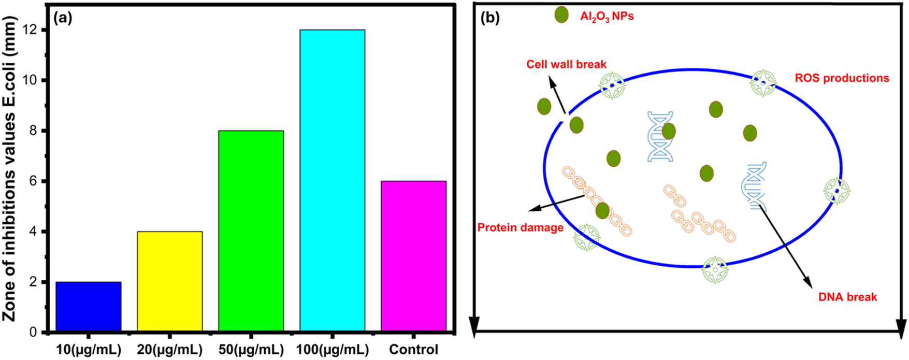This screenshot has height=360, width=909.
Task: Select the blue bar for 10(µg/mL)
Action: tap(89, 307)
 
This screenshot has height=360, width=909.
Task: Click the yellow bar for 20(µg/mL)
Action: tap(169, 281)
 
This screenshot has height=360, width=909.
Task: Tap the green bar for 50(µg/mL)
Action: tap(251, 231)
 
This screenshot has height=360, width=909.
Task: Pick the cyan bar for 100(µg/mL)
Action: tap(332, 180)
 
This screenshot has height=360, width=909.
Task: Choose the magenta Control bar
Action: tap(413, 256)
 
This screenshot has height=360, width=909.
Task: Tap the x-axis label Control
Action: tap(413, 350)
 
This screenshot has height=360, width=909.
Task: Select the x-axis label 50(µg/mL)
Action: tap(251, 350)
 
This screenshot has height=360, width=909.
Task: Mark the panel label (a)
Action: tap(63, 19)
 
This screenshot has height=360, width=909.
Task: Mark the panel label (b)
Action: tap(490, 19)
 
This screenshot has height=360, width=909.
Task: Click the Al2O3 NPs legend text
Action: tap(607, 17)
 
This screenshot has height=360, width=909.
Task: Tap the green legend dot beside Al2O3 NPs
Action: tap(561, 15)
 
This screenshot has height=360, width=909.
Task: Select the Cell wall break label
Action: tap(566, 65)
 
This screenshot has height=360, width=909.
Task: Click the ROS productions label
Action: tap(842, 78)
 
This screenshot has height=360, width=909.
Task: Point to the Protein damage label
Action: tap(520, 228)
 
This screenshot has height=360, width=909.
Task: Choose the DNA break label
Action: tap(847, 297)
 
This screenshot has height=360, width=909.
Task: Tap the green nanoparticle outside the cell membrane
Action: tap(544, 107)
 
